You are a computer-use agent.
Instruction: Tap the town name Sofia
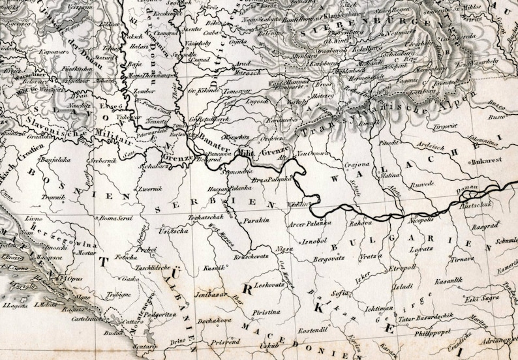(x=339, y=293)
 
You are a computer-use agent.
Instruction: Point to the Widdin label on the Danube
(x=297, y=203)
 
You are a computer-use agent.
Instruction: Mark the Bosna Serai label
(x=117, y=217)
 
